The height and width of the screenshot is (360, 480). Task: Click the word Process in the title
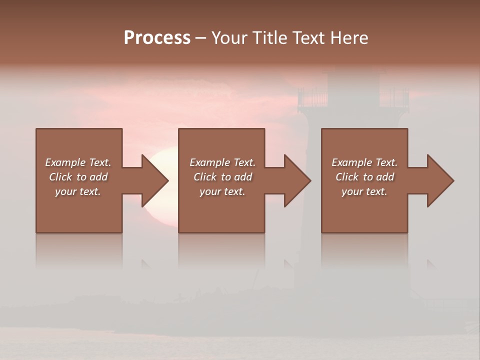[x=157, y=38]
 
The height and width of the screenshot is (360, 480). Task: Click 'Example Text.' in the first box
[x=78, y=162]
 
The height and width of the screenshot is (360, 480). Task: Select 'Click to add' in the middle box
[x=222, y=177]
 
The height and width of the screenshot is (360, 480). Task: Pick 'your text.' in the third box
[x=364, y=191]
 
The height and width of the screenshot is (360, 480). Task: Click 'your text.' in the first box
[x=78, y=191]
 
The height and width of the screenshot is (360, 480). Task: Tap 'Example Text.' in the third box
[x=364, y=162]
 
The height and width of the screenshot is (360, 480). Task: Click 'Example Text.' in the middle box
[x=222, y=162]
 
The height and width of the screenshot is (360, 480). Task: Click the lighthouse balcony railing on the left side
[x=312, y=97]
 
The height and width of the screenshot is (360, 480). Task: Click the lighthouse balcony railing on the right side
[x=395, y=97]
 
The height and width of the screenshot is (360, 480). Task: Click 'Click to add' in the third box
[x=364, y=177]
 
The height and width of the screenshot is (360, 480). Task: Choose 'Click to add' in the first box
[x=78, y=177]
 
